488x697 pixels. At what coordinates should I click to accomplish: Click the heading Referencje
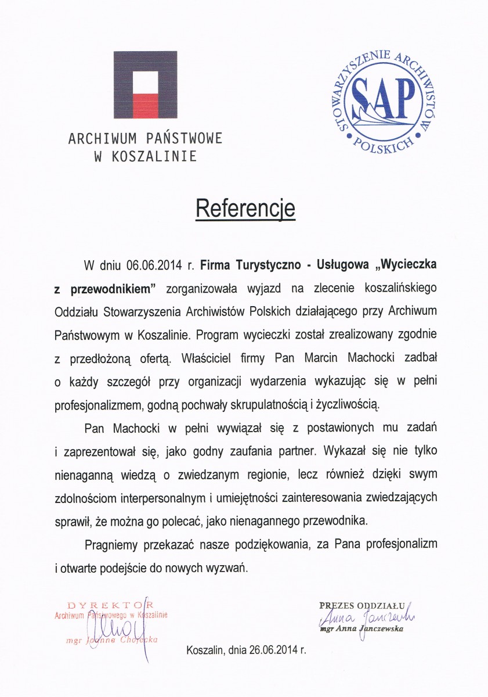[245, 209]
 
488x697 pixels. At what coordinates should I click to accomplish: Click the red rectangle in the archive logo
[145, 105]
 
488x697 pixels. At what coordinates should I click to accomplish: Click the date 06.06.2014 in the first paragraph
[153, 265]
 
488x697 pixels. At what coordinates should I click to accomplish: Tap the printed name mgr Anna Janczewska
[361, 628]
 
